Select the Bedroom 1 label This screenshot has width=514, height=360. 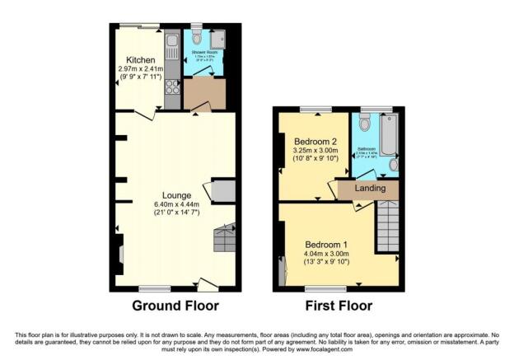[x=327, y=245]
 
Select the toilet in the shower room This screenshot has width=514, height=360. [x=197, y=37]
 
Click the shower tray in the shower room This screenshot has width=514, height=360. [x=217, y=40]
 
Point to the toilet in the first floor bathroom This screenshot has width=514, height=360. [x=364, y=124]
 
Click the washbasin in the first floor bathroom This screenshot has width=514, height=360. [x=393, y=165]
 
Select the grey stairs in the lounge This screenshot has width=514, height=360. [x=224, y=240]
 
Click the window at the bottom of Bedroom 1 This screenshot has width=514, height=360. [x=316, y=289]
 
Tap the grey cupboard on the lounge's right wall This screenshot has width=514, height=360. [x=222, y=191]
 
